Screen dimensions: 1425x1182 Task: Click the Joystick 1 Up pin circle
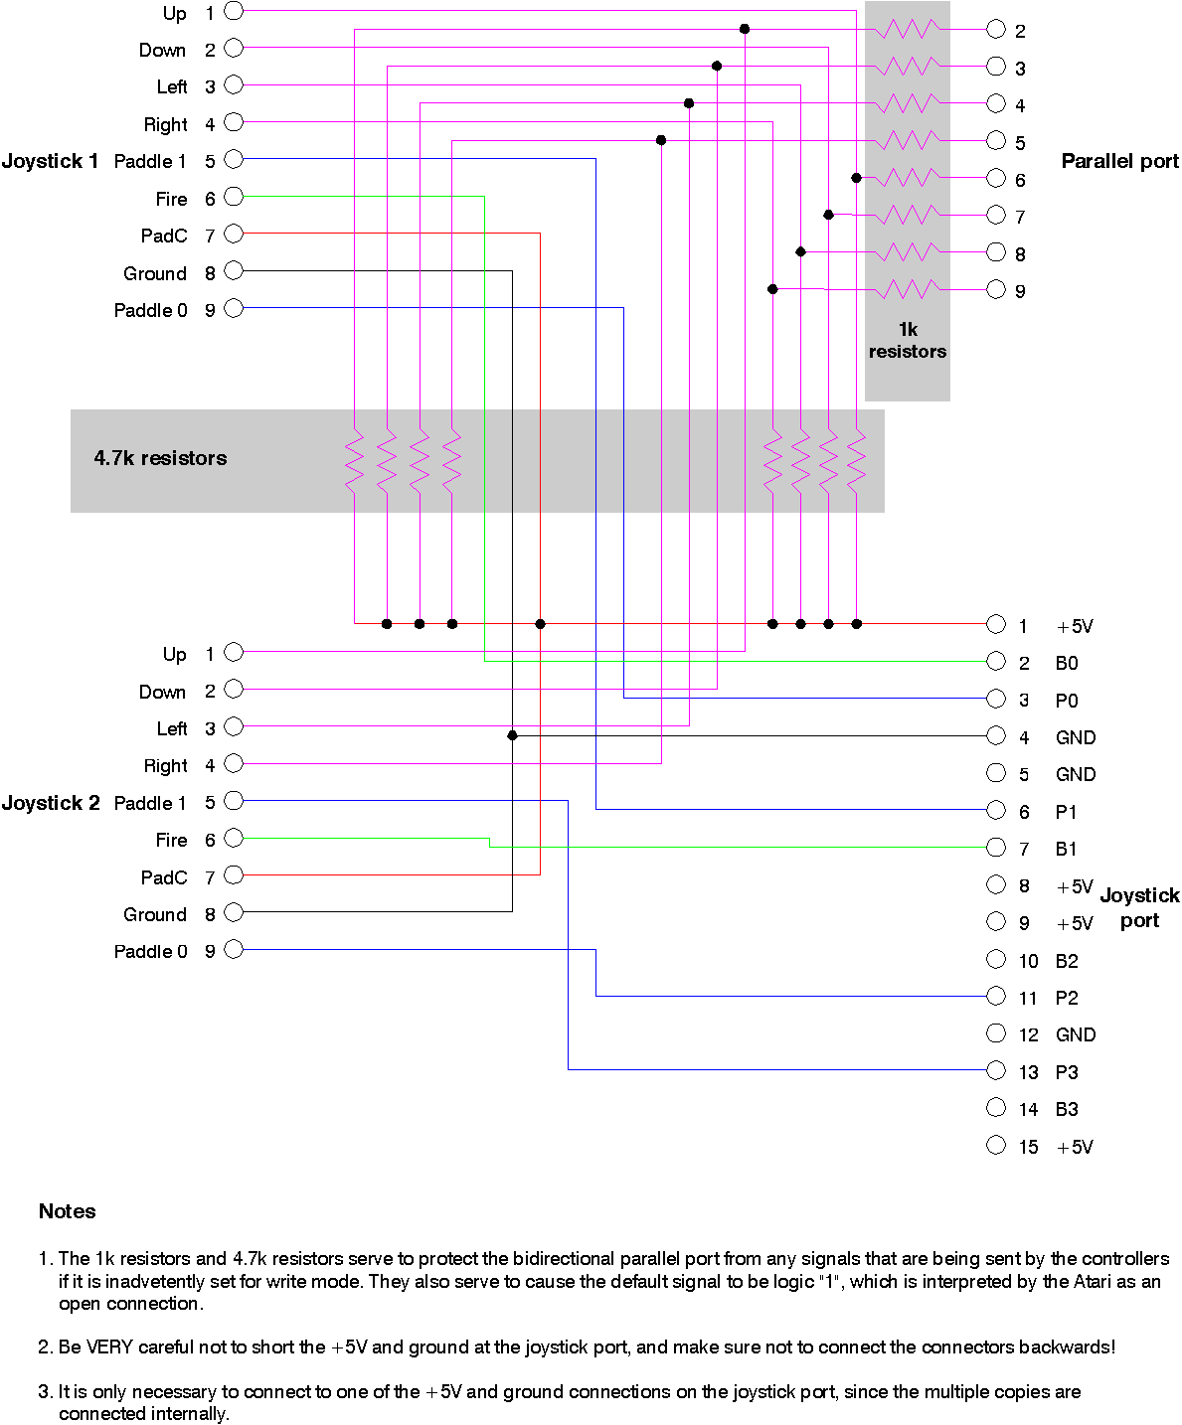click(234, 11)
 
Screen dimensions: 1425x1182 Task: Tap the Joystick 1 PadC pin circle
click(234, 234)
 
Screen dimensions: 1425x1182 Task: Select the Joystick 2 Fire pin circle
click(234, 838)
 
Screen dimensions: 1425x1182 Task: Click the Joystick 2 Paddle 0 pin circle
click(234, 949)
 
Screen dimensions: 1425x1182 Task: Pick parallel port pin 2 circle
click(996, 30)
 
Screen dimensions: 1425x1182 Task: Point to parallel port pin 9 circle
click(996, 289)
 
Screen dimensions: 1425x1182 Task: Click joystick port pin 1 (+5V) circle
click(996, 624)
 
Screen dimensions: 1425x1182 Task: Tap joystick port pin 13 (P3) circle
click(996, 1070)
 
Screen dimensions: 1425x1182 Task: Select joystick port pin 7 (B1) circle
click(996, 848)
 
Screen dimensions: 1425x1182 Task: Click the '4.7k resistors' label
click(160, 458)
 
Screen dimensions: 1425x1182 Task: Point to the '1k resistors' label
click(908, 340)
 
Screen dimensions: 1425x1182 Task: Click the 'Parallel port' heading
click(1119, 161)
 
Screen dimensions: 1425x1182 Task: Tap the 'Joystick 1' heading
click(50, 161)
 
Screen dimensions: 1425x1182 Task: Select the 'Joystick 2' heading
click(51, 803)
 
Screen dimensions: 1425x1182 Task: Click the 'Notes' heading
click(68, 1211)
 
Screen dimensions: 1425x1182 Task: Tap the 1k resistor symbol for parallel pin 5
click(908, 140)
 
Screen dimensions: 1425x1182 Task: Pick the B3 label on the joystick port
click(1067, 1109)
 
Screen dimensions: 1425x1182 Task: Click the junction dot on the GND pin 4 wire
click(513, 735)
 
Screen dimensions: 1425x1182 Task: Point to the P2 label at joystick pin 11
click(1067, 998)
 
